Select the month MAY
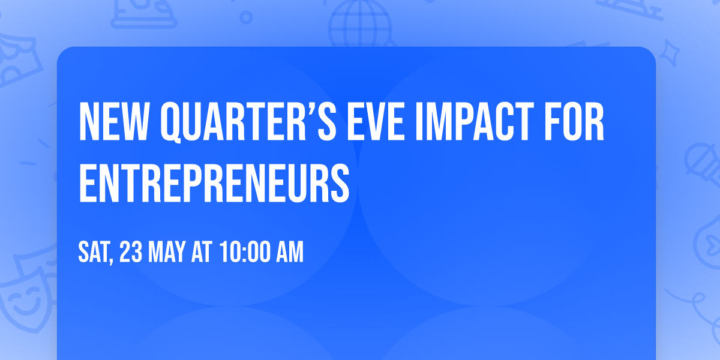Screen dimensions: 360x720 pyautogui.click(x=170, y=253)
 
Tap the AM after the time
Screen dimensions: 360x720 pyautogui.click(x=290, y=253)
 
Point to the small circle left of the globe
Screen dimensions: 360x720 pyautogui.click(x=246, y=17)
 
